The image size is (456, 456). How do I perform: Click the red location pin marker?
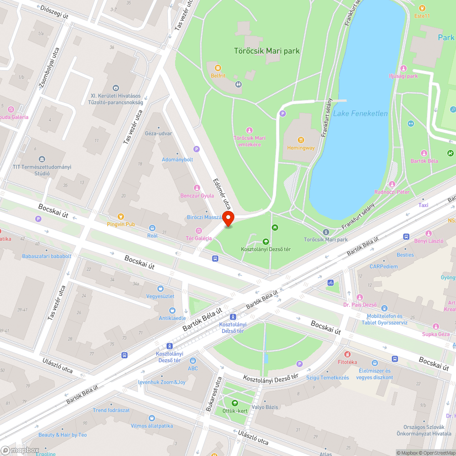228,219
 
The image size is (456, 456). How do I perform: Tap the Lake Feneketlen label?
360,114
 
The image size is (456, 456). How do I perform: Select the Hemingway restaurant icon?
301,140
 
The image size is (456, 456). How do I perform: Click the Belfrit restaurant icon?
218,68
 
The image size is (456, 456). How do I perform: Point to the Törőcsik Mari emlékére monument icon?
249,130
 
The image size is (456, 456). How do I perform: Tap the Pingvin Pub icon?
121,217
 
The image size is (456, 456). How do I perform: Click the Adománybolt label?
177,160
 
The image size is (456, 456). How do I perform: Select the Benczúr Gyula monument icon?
197,188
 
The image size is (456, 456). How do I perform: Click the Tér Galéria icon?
198,230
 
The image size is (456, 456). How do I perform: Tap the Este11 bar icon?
422,8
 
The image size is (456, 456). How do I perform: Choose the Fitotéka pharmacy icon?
347,354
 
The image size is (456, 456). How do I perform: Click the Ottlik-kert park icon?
234,403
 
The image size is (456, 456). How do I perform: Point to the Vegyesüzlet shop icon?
160,288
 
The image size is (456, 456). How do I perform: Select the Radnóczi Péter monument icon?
392,184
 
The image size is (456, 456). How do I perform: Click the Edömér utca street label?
223,194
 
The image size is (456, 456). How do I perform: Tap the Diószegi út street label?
54,12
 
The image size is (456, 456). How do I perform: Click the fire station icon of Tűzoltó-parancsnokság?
116,88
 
